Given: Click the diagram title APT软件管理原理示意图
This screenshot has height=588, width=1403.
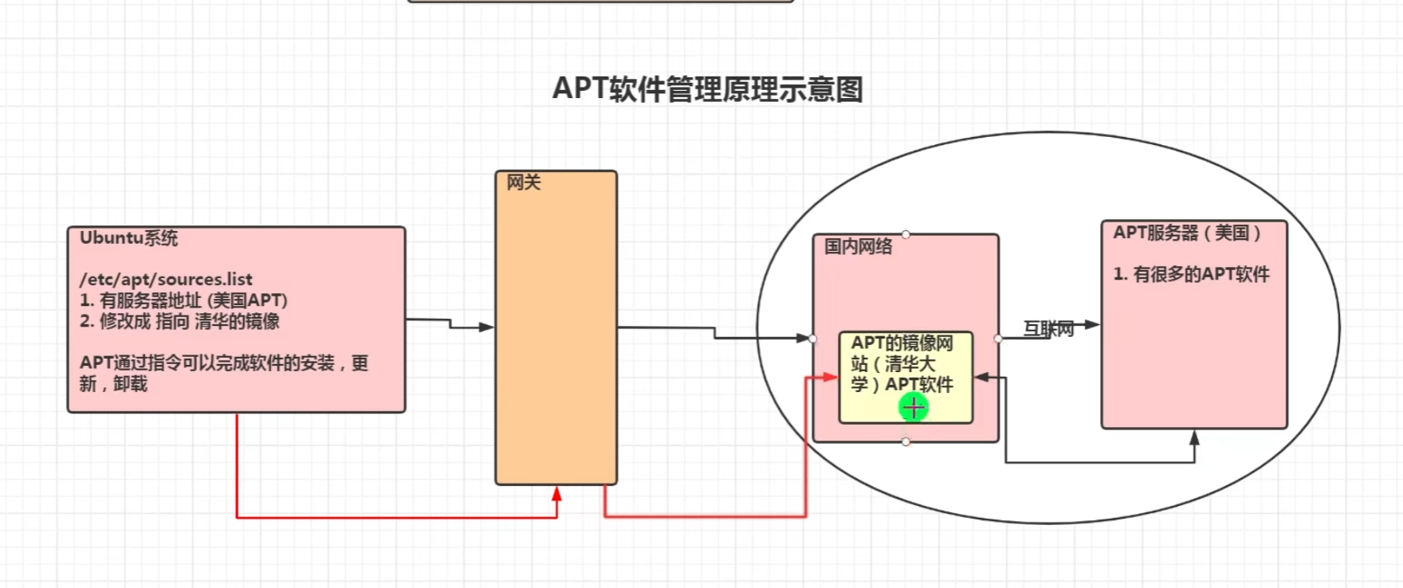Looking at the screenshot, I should [707, 89].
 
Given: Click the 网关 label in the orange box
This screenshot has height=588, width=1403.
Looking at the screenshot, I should [524, 182].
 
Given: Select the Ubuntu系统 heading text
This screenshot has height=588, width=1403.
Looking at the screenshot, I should [128, 238].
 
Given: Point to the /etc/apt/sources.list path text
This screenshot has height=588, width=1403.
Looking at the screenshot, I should [166, 280].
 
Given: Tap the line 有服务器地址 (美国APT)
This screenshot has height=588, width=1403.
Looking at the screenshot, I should [184, 300].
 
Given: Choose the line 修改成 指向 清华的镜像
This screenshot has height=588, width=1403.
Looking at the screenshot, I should [180, 321].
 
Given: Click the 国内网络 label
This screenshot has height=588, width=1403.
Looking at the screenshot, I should [858, 246].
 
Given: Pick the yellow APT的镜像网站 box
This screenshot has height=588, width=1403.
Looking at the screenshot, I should [906, 376].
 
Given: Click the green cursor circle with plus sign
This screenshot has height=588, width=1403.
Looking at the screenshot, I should [914, 408].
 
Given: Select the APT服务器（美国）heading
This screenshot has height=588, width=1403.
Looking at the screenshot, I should [1187, 233].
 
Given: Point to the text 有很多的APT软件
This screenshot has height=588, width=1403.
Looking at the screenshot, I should [1192, 274].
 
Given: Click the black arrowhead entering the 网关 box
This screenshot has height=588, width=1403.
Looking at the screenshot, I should [486, 327].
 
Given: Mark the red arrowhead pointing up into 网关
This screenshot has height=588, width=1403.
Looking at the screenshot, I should [556, 493].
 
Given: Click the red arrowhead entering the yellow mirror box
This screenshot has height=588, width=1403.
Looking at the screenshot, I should [831, 377].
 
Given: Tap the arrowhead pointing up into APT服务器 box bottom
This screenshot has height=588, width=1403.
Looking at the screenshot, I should [1194, 437].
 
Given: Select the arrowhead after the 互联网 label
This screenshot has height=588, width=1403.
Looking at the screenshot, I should [1092, 324].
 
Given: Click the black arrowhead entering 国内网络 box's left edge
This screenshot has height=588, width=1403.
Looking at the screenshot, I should [803, 338].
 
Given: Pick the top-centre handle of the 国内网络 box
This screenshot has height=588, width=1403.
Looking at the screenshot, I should [906, 234].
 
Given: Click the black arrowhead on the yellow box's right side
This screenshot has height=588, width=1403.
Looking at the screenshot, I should [982, 377].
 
